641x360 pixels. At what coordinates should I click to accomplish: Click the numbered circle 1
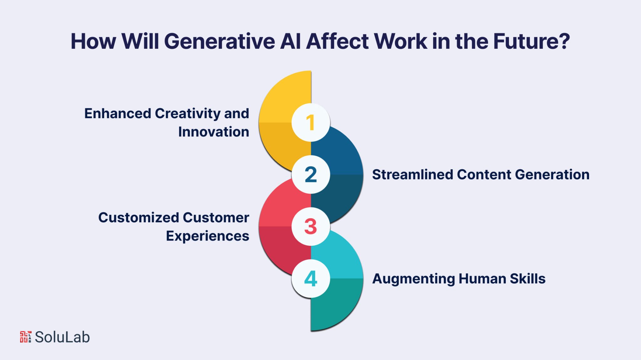coord(311,122)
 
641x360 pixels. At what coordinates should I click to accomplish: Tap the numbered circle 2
coord(311,175)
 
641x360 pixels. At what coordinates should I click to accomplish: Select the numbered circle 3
coord(311,226)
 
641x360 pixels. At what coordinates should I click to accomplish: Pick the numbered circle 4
coord(311,278)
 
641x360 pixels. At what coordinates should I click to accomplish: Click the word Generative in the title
coord(219,41)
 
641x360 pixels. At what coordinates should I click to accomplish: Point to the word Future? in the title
coord(531,41)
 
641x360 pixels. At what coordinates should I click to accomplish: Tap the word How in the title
coord(93,41)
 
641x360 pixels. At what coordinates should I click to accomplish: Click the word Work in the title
coord(400,41)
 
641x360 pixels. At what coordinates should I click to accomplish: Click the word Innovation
coord(213,132)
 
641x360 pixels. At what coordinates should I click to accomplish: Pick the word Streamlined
coord(412,175)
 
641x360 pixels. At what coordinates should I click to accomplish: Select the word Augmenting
coord(413,279)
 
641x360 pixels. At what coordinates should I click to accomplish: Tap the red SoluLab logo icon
coord(26,337)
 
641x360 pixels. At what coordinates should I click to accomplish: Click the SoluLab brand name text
coord(62,337)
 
